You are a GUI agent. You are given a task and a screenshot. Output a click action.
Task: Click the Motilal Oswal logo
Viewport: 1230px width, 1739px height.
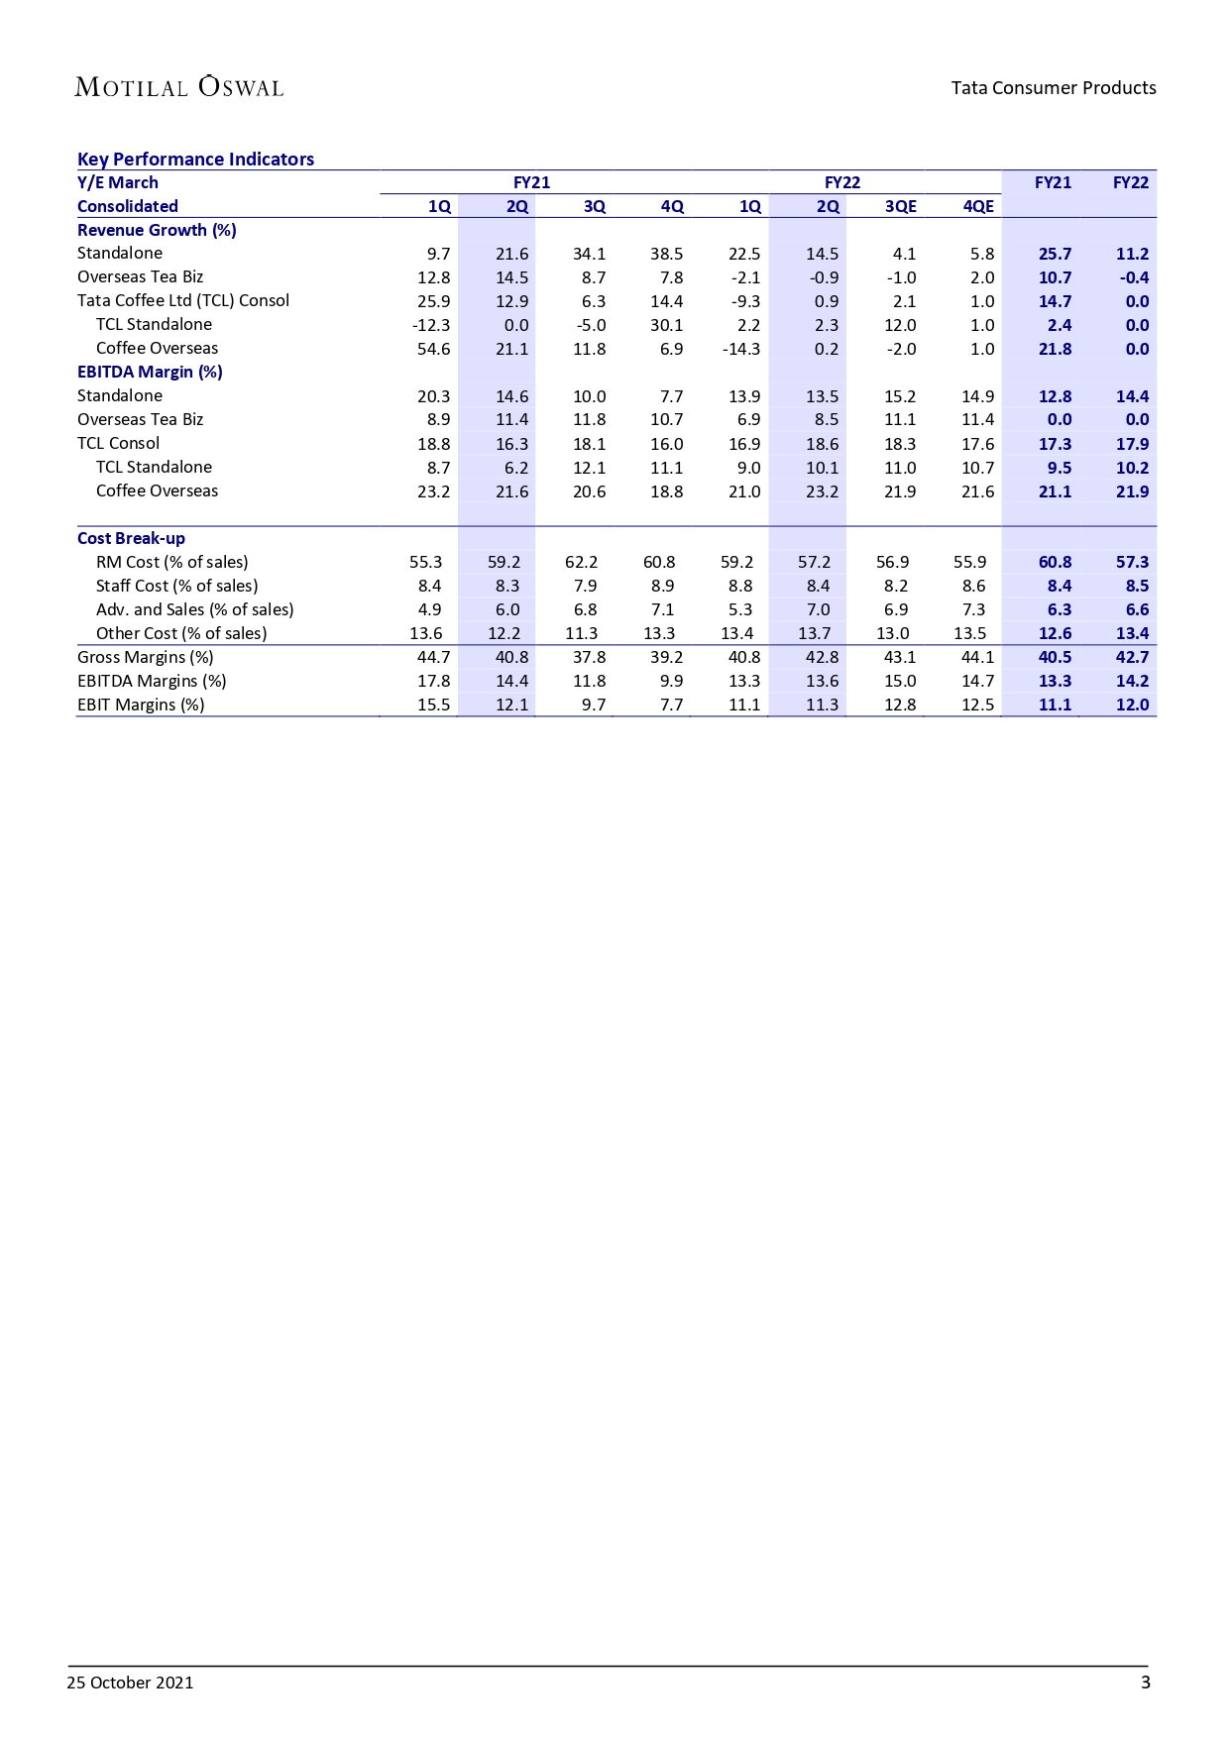tap(179, 87)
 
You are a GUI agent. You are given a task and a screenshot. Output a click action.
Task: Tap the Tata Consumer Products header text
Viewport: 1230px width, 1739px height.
tap(1053, 88)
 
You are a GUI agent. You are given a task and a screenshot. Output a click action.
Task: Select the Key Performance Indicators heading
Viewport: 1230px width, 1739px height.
tap(195, 160)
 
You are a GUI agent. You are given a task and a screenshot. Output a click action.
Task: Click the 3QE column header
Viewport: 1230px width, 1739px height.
tap(900, 206)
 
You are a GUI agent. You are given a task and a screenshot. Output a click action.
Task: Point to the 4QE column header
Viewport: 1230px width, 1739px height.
tap(977, 206)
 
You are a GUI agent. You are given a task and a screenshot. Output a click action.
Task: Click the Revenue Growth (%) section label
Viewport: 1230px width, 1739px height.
tap(157, 230)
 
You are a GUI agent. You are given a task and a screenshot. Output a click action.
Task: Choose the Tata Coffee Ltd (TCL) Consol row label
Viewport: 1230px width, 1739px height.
tap(183, 301)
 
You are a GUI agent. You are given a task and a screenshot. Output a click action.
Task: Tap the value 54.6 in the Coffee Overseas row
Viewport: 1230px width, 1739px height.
tap(433, 349)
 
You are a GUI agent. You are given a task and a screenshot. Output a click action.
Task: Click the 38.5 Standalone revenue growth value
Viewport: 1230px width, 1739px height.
tap(666, 254)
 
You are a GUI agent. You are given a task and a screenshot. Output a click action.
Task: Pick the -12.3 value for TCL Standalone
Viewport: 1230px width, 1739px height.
tap(431, 325)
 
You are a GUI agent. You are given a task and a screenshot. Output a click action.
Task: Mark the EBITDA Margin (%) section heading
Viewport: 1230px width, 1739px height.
tap(150, 373)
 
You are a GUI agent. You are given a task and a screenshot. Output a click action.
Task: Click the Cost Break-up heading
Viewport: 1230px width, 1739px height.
tap(131, 539)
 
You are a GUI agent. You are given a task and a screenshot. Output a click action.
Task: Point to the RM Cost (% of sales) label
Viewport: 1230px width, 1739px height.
tap(171, 563)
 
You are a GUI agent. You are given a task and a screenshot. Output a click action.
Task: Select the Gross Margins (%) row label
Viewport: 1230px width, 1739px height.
tap(145, 658)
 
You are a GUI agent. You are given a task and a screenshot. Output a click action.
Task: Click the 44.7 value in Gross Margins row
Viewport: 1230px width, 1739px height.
tap(433, 658)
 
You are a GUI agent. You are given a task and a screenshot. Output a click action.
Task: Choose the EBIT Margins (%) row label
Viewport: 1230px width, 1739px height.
tap(141, 706)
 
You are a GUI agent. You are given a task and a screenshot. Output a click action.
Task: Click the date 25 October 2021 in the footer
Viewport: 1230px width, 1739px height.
tap(130, 1683)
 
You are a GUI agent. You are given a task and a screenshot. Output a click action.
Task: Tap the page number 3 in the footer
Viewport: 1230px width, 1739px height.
tap(1145, 1683)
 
